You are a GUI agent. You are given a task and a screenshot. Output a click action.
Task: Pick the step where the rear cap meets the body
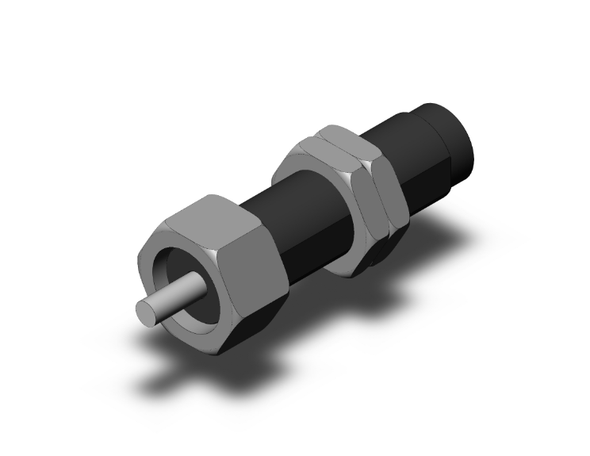coord(420,119)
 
